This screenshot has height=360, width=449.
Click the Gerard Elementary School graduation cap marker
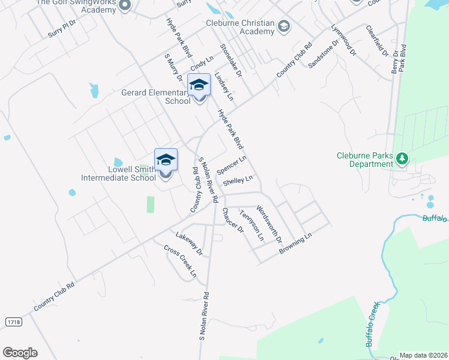[199, 86]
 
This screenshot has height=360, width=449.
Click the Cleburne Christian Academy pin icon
[283, 26]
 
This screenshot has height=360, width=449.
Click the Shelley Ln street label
[238, 181]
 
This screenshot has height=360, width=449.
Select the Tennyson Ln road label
[252, 225]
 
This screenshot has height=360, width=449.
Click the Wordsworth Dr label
[269, 224]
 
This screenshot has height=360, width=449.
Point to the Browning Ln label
[296, 244]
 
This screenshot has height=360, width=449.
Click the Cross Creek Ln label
[180, 262]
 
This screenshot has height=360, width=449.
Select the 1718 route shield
[13, 322]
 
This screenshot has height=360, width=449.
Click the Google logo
[20, 353]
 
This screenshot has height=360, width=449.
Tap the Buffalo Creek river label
[374, 324]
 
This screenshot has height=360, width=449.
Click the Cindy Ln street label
[202, 64]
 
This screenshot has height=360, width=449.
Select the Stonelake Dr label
[231, 60]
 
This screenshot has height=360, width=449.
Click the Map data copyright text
[423, 355]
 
